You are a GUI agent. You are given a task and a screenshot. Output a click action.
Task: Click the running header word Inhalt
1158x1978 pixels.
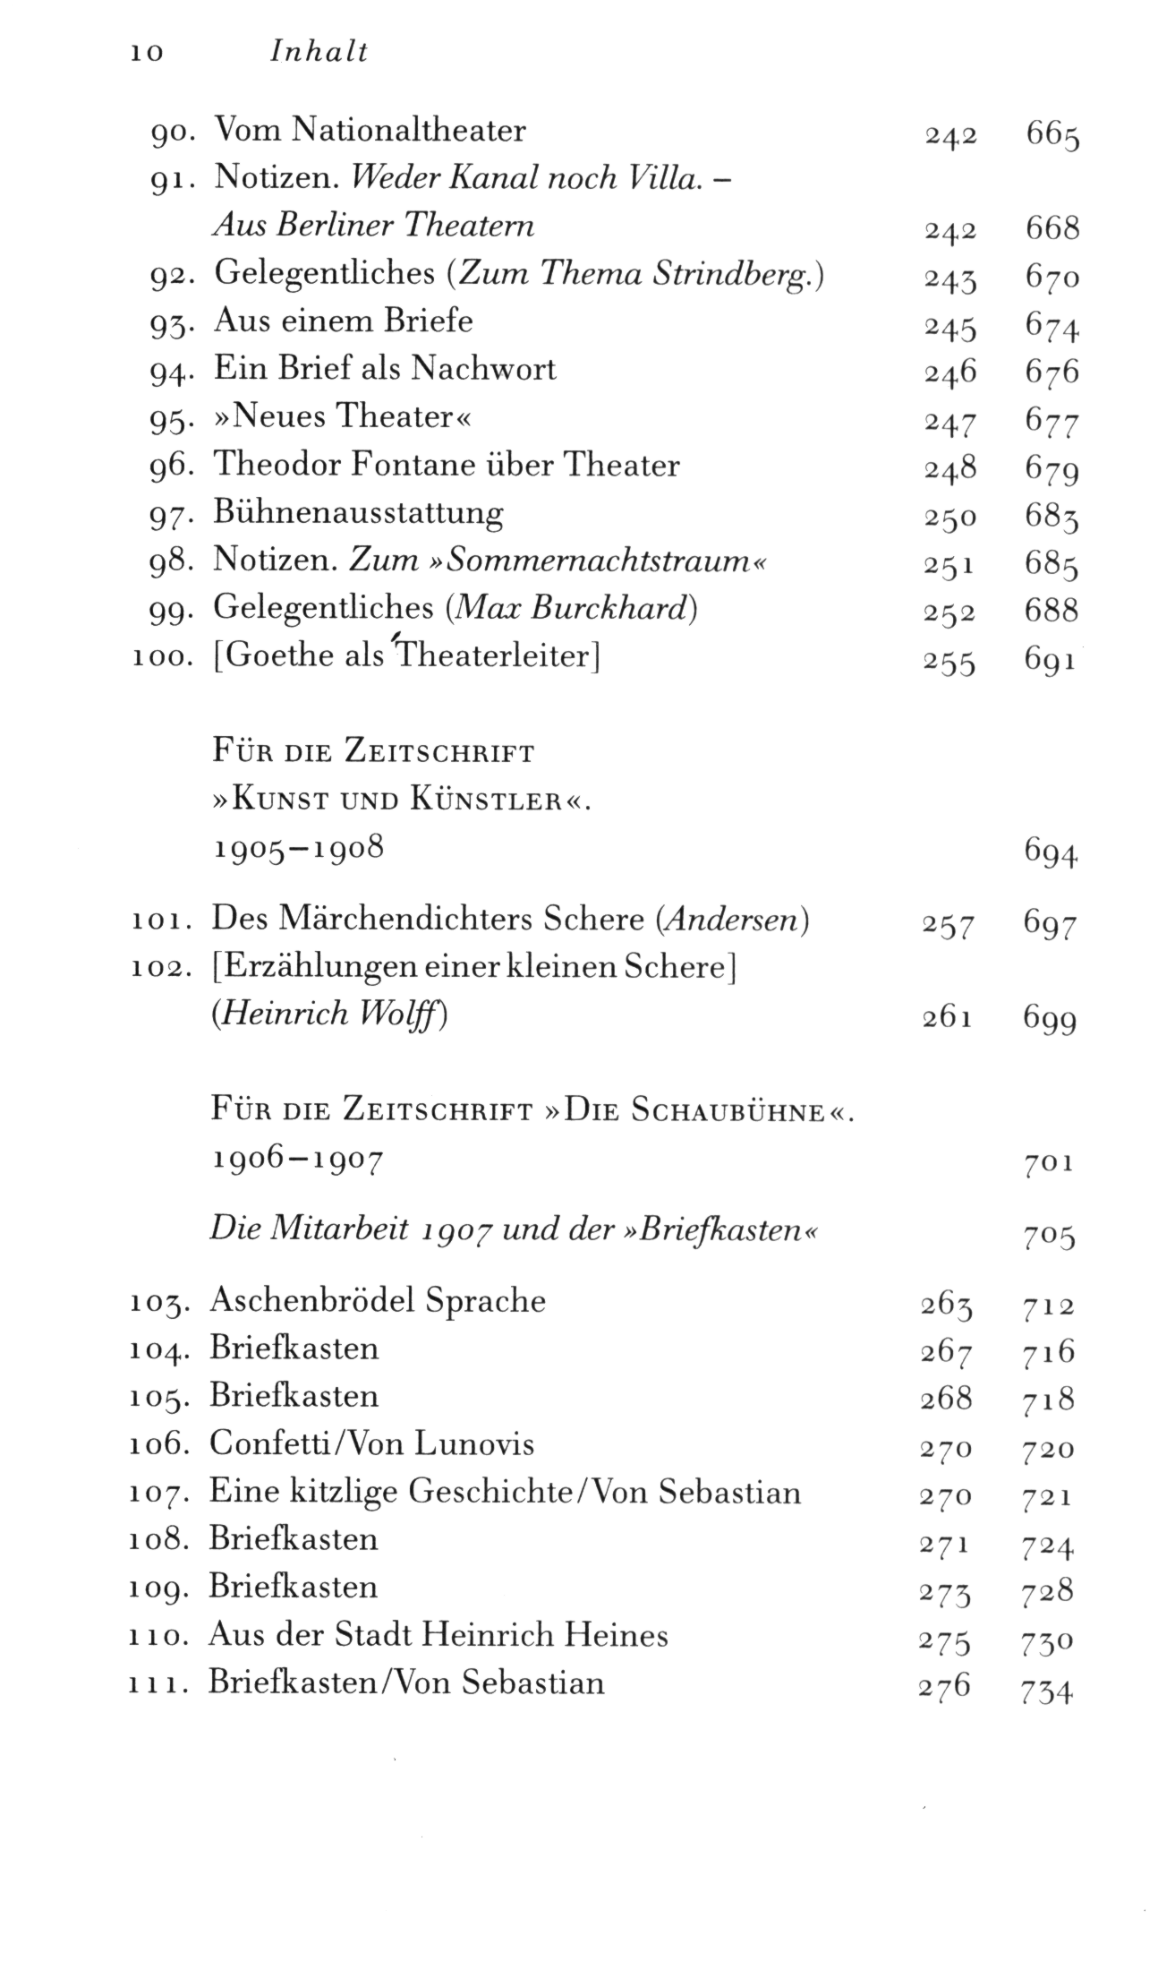(319, 52)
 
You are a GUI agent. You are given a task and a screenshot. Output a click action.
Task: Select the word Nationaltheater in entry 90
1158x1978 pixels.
(410, 131)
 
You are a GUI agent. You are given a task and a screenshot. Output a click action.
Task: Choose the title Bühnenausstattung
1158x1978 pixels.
(358, 513)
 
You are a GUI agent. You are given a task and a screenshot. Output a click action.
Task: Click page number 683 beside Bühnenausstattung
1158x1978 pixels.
(1052, 517)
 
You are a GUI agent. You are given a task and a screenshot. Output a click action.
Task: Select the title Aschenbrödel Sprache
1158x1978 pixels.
(377, 1300)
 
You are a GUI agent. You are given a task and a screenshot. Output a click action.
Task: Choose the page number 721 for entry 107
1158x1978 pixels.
(1047, 1496)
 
